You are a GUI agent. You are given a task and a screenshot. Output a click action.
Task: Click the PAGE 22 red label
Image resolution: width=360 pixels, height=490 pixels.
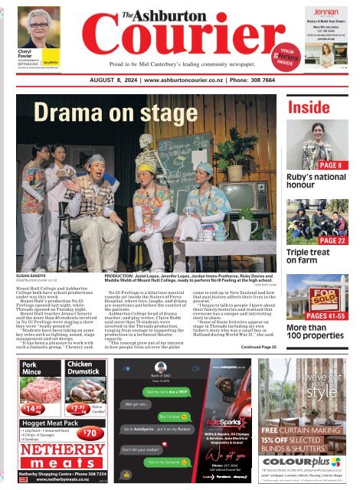(x=334, y=240)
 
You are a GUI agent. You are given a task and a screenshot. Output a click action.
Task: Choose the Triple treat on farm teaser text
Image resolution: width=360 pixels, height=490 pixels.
(x=308, y=256)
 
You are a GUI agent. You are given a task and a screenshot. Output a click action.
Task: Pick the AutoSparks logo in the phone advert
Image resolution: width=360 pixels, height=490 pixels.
(x=222, y=423)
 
